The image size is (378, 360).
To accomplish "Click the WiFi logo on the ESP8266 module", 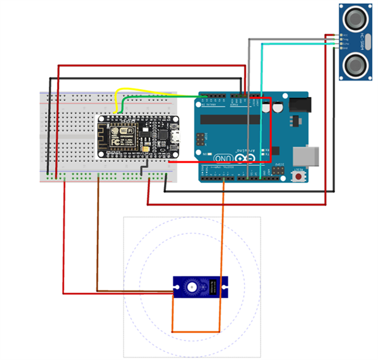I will (x=127, y=131).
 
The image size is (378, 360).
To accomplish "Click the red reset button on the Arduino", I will (x=299, y=177).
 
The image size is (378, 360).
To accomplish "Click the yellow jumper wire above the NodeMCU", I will (x=146, y=92).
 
